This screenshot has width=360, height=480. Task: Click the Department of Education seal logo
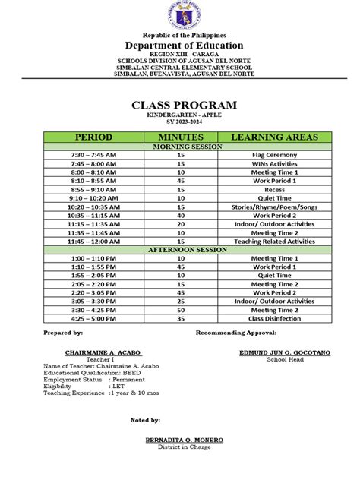click(179, 17)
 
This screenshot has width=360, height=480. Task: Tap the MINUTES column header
click(181, 137)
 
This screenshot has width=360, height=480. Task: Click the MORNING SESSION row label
click(181, 146)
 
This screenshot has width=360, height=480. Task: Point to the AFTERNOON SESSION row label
click(181, 249)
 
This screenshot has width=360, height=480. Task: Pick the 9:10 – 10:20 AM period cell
click(93, 197)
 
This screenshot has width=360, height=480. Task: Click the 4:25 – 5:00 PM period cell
click(93, 318)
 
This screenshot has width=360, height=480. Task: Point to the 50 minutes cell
click(181, 310)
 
